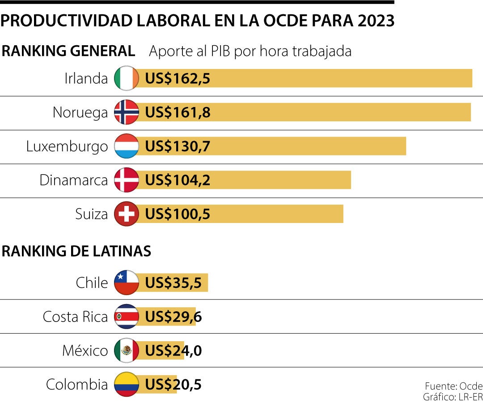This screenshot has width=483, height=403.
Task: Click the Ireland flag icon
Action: [127, 78]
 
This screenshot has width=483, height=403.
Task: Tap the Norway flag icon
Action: [127, 112]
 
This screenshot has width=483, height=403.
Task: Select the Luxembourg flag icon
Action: [127, 146]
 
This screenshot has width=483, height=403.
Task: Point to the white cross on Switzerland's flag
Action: [127, 214]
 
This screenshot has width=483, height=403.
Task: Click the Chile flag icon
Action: [127, 283]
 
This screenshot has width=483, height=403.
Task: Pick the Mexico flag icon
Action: [127, 351]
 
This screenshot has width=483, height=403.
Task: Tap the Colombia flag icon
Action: [127, 384]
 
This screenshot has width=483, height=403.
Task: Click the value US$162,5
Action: [178, 79]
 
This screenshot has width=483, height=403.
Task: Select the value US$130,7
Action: [178, 146]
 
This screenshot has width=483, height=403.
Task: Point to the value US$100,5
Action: [178, 214]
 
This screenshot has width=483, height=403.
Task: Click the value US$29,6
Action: [174, 317]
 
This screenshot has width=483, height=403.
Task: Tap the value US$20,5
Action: [174, 385]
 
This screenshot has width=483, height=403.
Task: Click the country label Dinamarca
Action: [74, 180]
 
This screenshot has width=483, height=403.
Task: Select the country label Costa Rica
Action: [75, 317]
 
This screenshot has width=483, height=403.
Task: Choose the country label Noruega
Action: [80, 112]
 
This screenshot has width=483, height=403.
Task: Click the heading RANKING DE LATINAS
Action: [76, 252]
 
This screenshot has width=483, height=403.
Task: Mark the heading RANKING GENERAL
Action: [68, 51]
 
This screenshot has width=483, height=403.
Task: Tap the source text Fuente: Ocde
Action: [453, 386]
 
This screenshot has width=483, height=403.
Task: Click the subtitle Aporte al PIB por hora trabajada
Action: [250, 51]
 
